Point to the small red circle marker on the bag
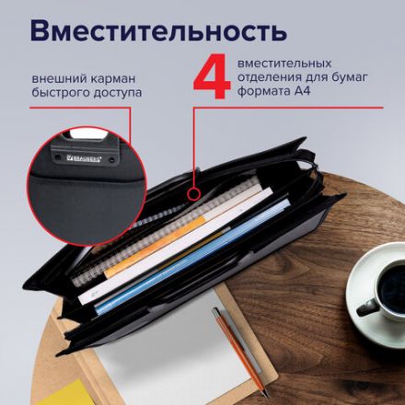click(192, 195)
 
